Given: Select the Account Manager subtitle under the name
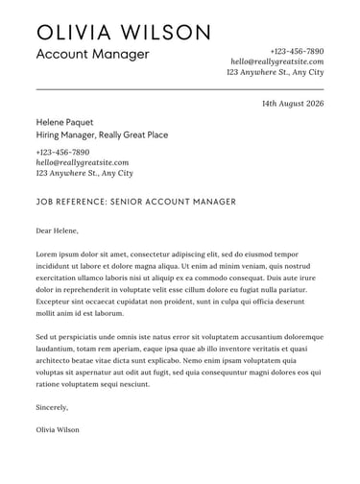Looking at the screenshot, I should pos(92,55).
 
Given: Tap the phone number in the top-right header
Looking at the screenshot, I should pos(297,51).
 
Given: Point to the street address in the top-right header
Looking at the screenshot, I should pos(275,72).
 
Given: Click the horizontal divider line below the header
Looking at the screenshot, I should pos(180,88).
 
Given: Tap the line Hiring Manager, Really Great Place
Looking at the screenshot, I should pos(102,135).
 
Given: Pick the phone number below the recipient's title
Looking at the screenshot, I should pos(62,152).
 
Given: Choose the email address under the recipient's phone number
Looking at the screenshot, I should pos(82,163).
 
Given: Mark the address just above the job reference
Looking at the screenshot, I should pos(84,174).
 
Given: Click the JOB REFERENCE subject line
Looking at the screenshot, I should pos(135,202).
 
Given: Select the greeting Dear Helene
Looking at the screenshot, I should pos(57,230).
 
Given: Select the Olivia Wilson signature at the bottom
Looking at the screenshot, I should pos(57,429).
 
